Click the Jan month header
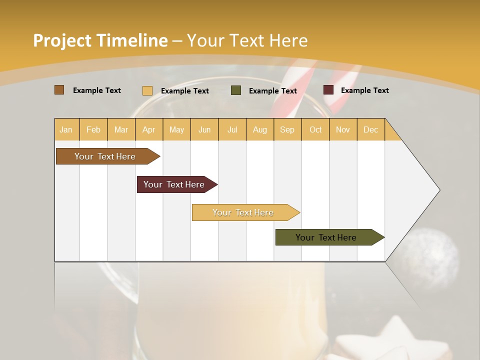(66, 129)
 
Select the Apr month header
(148, 129)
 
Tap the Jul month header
(232, 129)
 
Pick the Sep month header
(287, 129)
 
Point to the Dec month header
(370, 129)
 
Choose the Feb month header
(93, 129)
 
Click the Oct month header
(315, 129)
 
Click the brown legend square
(59, 90)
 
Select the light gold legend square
(147, 90)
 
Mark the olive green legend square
(236, 90)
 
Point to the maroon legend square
(328, 90)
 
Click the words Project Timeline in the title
(100, 40)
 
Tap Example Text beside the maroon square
(364, 90)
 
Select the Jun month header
(204, 129)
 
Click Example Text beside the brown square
(96, 90)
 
